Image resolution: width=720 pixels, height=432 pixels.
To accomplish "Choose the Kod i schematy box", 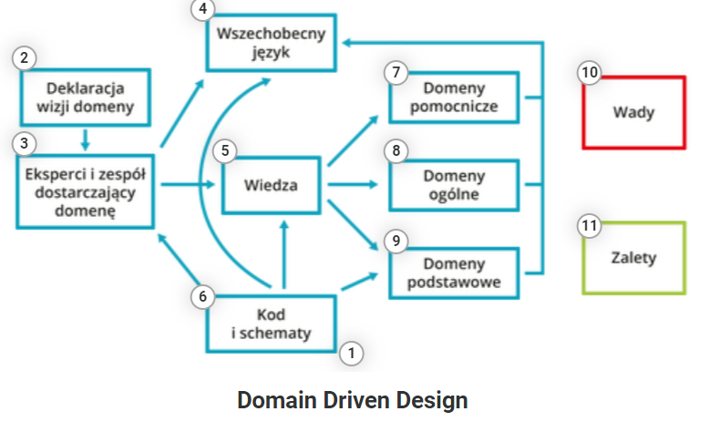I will tap(271, 324).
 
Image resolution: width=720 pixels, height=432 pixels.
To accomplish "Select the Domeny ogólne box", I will tap(453, 184).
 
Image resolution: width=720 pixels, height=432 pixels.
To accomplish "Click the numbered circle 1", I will tap(351, 352).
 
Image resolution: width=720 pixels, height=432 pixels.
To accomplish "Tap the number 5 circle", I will tap(224, 151).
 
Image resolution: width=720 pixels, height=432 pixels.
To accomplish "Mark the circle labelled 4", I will tap(202, 9).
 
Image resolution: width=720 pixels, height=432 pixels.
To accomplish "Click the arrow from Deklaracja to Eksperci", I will tap(85, 139).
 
